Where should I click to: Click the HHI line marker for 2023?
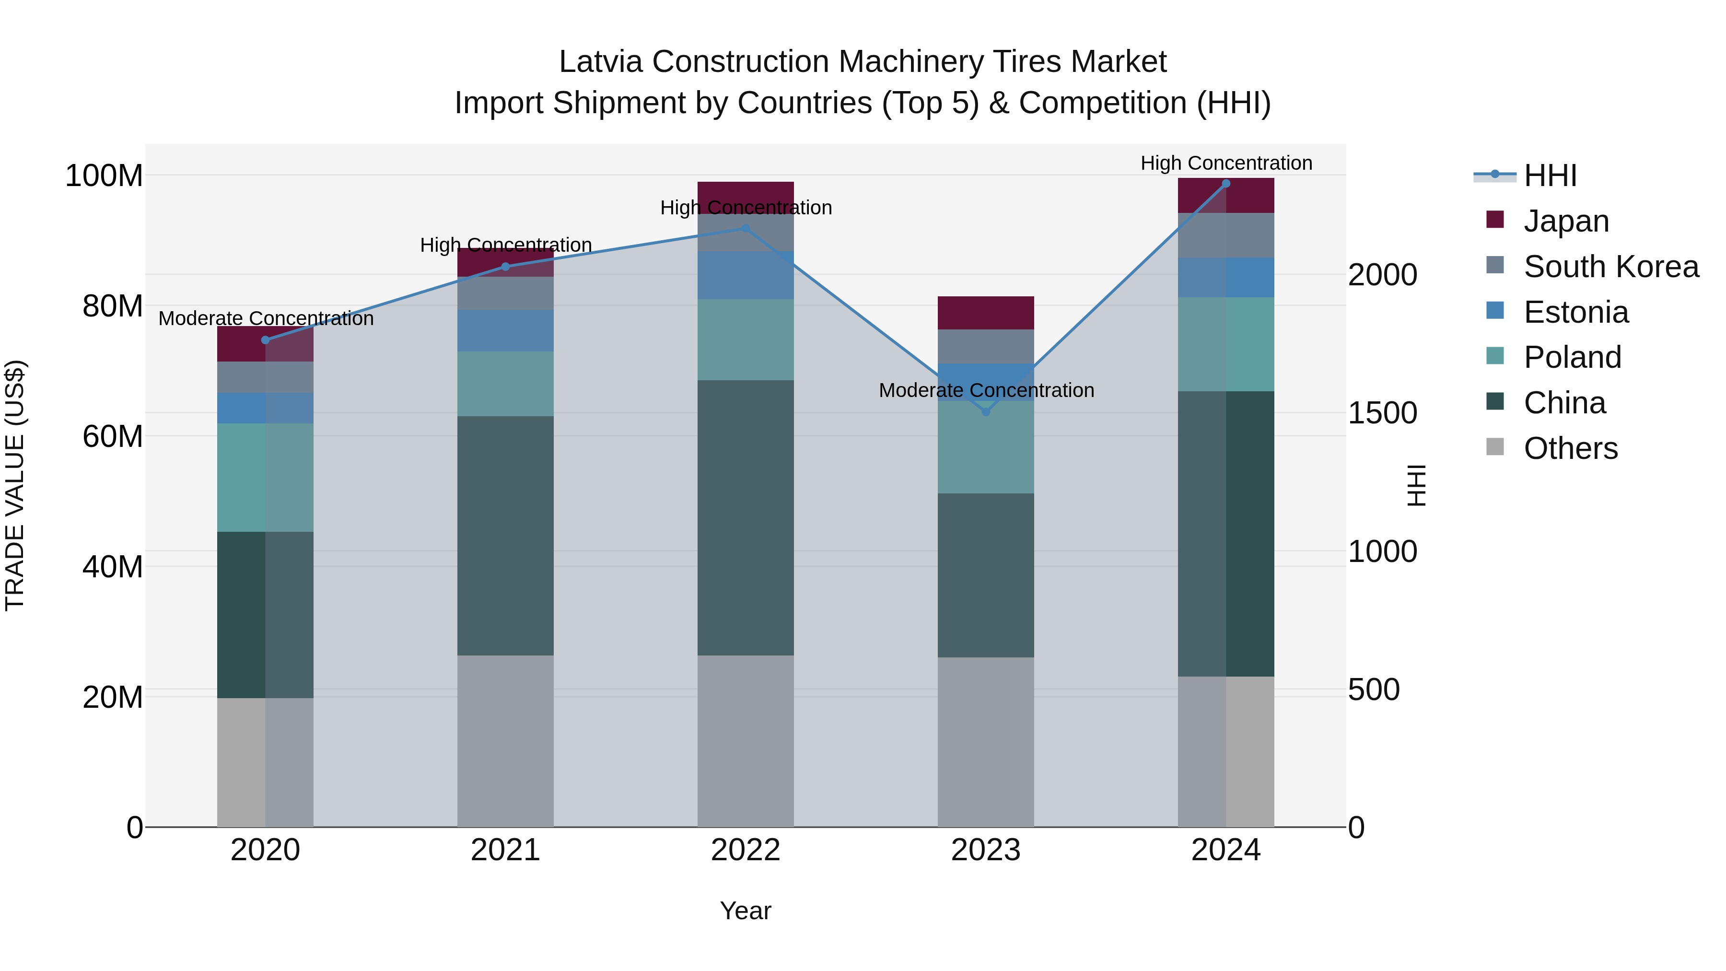tap(986, 411)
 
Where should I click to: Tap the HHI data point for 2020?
tap(265, 340)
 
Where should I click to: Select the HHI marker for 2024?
tap(1226, 184)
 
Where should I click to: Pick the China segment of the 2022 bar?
tap(745, 517)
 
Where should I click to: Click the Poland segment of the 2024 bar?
tap(1226, 344)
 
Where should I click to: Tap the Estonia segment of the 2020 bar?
tap(265, 408)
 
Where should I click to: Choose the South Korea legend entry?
tap(1611, 267)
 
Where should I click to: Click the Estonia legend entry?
tap(1575, 312)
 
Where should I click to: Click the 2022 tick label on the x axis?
tap(745, 850)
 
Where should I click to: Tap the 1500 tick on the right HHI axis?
tap(1382, 413)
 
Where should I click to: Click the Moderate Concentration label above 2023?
tap(986, 390)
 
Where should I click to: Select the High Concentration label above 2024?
tap(1226, 163)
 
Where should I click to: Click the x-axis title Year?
tap(745, 911)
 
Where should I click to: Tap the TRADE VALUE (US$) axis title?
tap(15, 485)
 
